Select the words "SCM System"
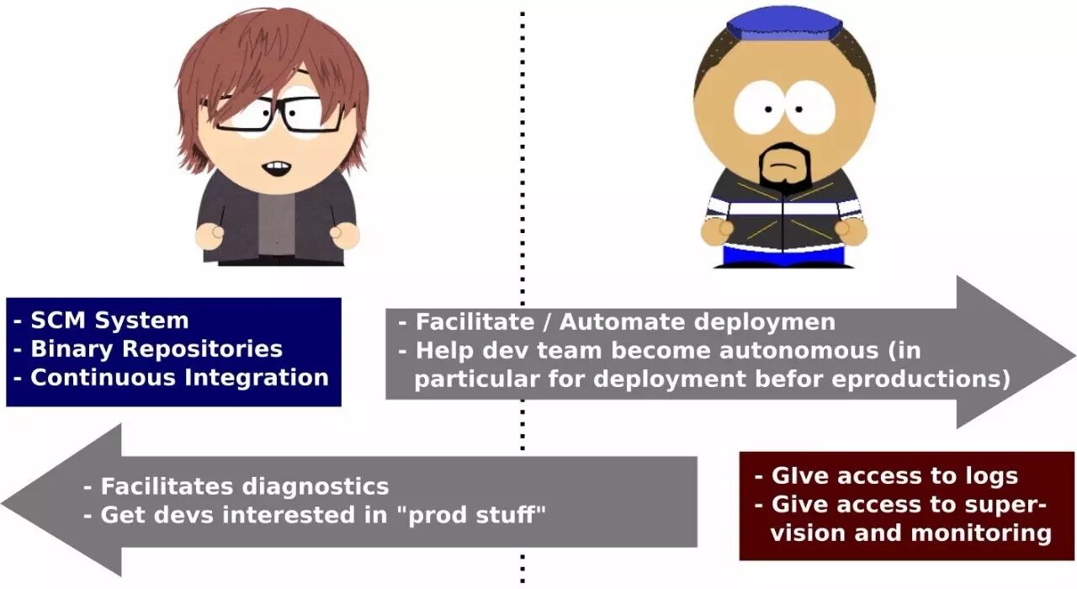pyautogui.click(x=109, y=321)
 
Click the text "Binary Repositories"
pyautogui.click(x=157, y=348)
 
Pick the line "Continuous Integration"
pyautogui.click(x=179, y=376)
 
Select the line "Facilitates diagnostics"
pyautogui.click(x=245, y=486)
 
